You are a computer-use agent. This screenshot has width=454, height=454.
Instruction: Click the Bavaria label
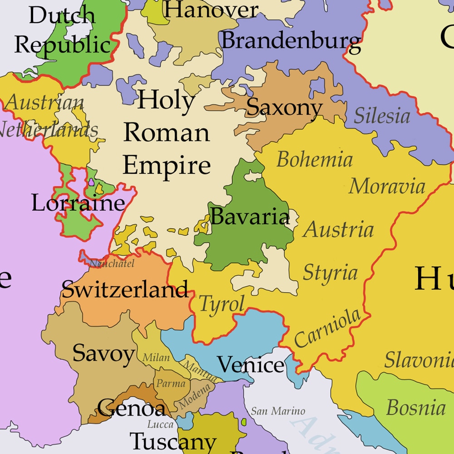click(x=250, y=216)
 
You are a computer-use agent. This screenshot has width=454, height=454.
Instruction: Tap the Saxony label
click(x=284, y=107)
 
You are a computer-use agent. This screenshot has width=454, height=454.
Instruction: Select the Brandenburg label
click(x=291, y=41)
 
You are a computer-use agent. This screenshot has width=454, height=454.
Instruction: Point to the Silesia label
click(x=382, y=116)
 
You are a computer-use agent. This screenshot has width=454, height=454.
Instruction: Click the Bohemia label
click(x=314, y=160)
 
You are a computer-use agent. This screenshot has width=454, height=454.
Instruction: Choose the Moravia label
click(x=387, y=186)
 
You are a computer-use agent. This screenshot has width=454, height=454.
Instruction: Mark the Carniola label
click(x=327, y=328)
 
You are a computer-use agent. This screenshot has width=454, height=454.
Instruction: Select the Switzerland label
click(x=125, y=289)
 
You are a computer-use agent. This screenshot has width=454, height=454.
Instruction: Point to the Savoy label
click(x=103, y=353)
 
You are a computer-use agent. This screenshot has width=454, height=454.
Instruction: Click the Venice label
click(x=250, y=365)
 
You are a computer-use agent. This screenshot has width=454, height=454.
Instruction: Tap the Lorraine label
click(x=78, y=203)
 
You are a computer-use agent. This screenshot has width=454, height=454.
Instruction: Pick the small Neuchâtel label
click(x=112, y=264)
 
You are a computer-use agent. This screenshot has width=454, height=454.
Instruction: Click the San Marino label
click(x=278, y=411)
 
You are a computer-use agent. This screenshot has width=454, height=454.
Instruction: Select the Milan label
click(x=156, y=358)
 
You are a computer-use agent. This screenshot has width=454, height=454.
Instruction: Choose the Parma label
click(x=171, y=384)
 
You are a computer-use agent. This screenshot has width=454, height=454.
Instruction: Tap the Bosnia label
click(x=415, y=407)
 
